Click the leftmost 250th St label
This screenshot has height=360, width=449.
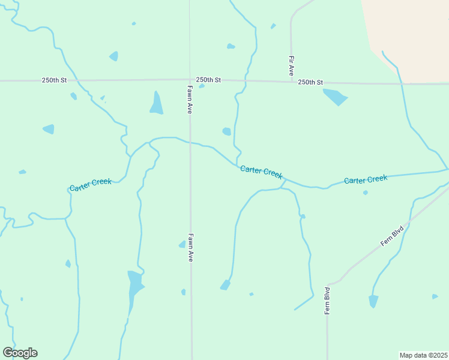pyautogui.click(x=55, y=79)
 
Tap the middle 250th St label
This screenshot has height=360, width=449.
pyautogui.click(x=208, y=80)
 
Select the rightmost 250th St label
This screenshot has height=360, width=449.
pyautogui.click(x=310, y=82)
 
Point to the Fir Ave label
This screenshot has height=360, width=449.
pyautogui.click(x=292, y=65)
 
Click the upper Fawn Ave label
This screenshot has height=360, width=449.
pyautogui.click(x=189, y=100)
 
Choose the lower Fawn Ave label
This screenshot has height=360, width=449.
pyautogui.click(x=190, y=247)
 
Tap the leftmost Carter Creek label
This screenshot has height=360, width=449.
pyautogui.click(x=91, y=185)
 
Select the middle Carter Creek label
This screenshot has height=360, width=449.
pyautogui.click(x=261, y=172)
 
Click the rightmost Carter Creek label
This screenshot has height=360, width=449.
pyautogui.click(x=366, y=179)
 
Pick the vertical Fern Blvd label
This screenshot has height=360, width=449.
pyautogui.click(x=327, y=300)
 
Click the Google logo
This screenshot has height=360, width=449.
pyautogui.click(x=20, y=353)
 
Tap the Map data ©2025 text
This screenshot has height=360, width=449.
pyautogui.click(x=423, y=355)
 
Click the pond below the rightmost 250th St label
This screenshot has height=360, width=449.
pyautogui.click(x=334, y=96)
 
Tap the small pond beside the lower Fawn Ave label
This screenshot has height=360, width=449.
pyautogui.click(x=182, y=244)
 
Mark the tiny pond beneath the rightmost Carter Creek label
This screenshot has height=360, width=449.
pyautogui.click(x=365, y=193)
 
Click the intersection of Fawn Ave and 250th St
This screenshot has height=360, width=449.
pyautogui.click(x=190, y=80)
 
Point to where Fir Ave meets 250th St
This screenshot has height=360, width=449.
pyautogui.click(x=291, y=81)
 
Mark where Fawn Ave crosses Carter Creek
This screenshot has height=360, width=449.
pyautogui.click(x=190, y=143)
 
